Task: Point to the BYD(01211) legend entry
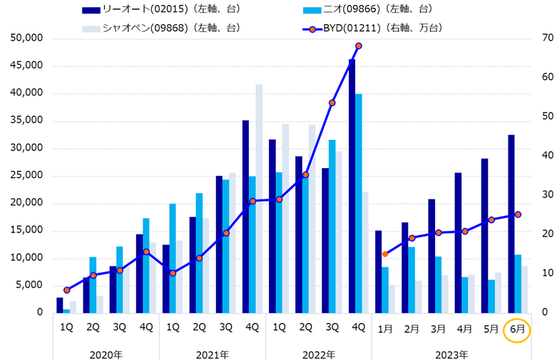pos(371,28)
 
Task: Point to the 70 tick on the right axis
pos(528,38)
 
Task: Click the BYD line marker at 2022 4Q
pos(359,46)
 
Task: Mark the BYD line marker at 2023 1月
pos(385,254)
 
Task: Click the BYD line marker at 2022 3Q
pos(332,103)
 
